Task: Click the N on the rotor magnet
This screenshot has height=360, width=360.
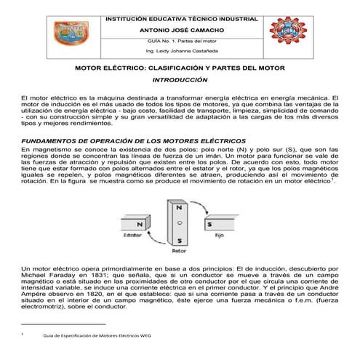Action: [x=179, y=207]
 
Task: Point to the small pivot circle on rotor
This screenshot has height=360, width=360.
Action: [x=179, y=222]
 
